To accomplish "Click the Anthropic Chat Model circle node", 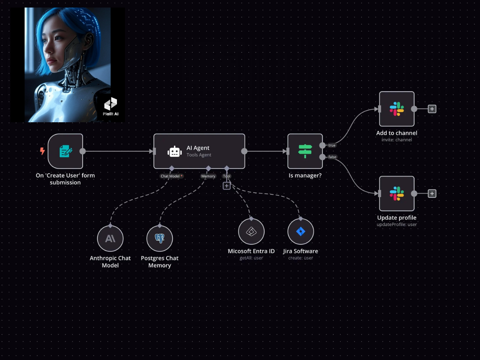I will (x=110, y=238).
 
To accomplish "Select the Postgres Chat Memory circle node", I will (x=160, y=238).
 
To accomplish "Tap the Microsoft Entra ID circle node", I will (x=251, y=231).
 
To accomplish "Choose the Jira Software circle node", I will (x=301, y=231).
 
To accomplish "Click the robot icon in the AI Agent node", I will (x=174, y=151).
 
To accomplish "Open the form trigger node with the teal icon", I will (x=65, y=151).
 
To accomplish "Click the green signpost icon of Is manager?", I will (x=305, y=151).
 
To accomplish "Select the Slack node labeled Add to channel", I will (x=397, y=109).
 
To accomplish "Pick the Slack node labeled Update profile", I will (x=397, y=193).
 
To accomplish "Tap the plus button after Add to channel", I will (x=432, y=109).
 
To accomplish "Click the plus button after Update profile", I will (x=432, y=193).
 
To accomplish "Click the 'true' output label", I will (x=332, y=145).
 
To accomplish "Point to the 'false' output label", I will (x=332, y=157).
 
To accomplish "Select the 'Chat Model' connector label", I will (x=170, y=176).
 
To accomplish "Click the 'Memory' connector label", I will (x=208, y=176).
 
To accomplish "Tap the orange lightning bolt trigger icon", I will (x=42, y=151).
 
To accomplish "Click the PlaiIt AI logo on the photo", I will (x=111, y=106).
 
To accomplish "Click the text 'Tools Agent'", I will (x=199, y=155).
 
